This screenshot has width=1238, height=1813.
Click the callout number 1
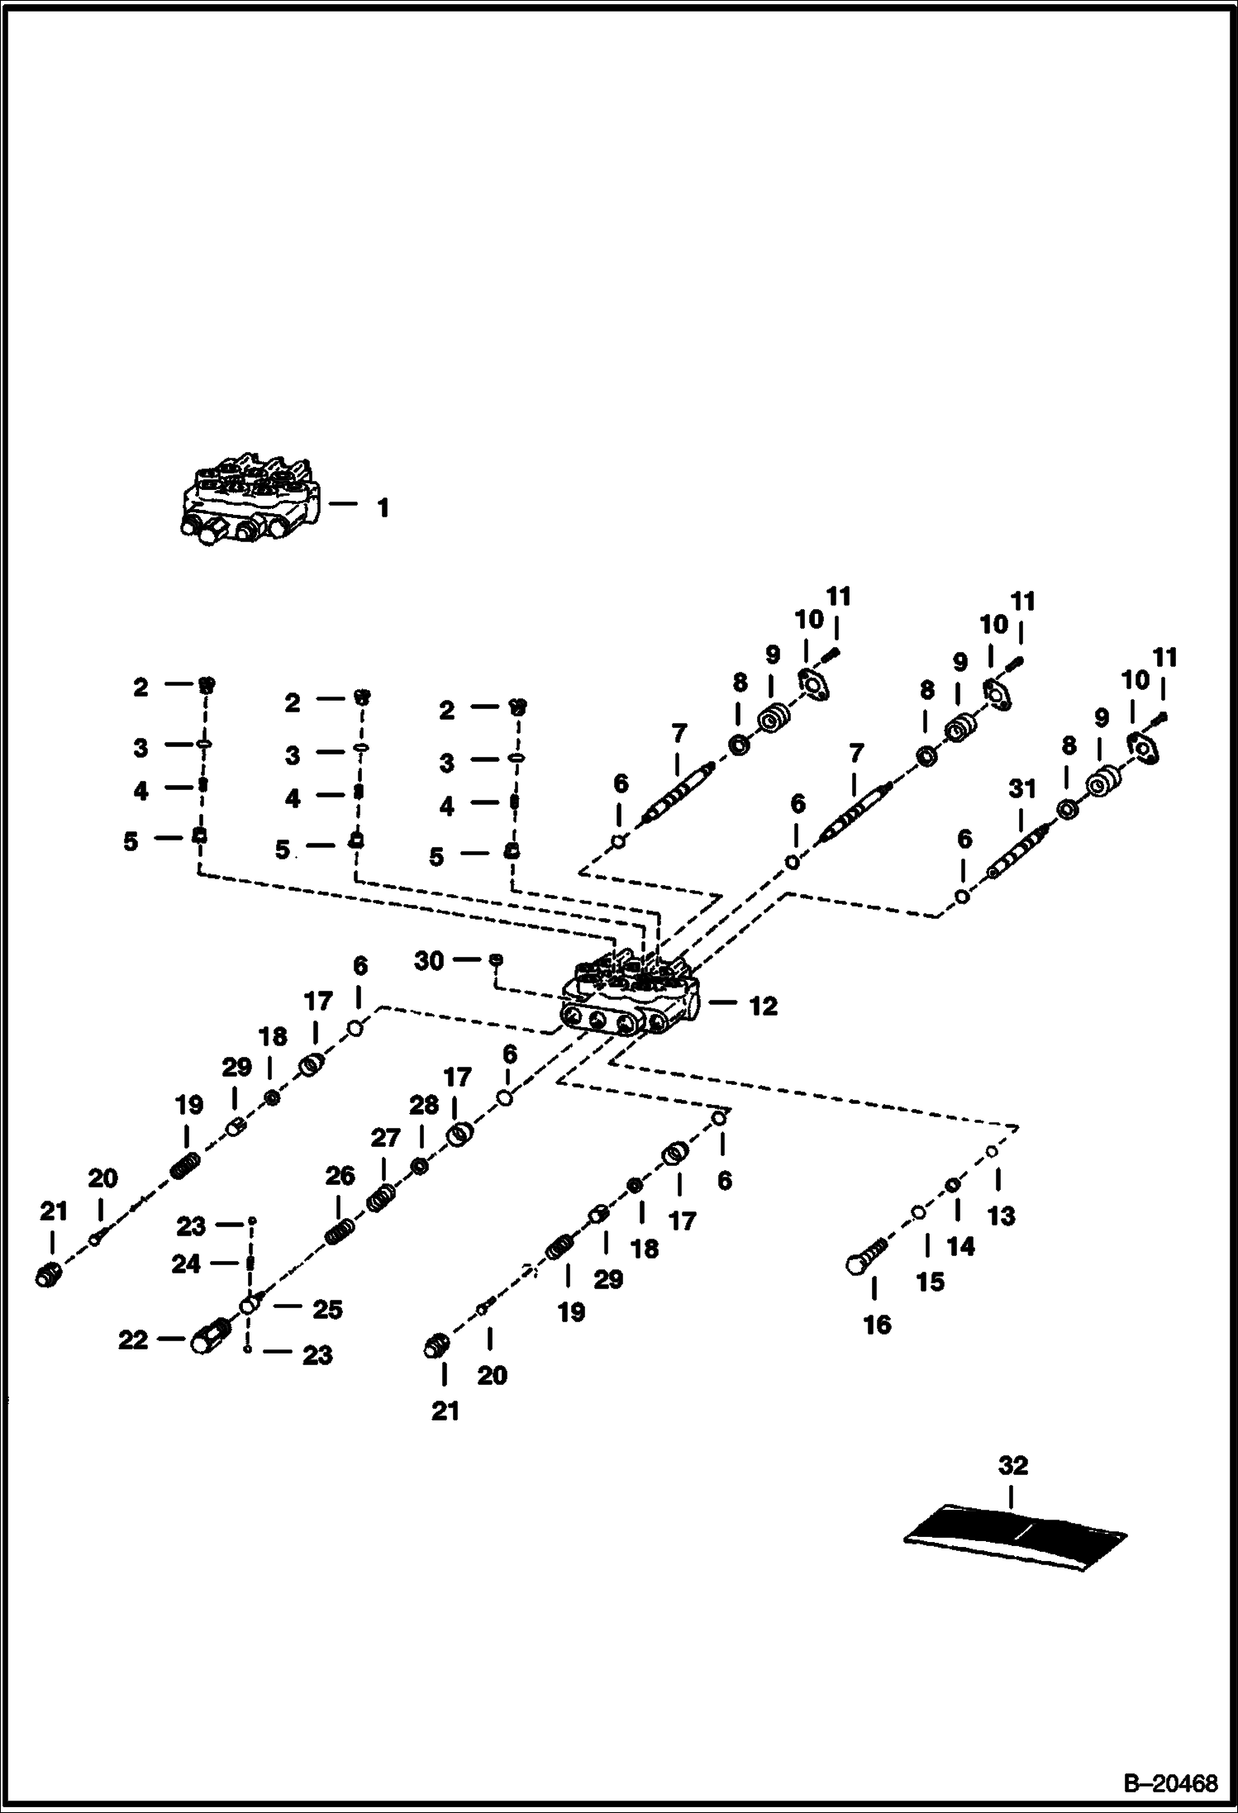(x=383, y=507)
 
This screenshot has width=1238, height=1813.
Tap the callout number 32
(x=1012, y=1465)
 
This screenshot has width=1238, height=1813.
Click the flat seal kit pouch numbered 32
(x=1016, y=1535)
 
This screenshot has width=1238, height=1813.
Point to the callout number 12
(x=763, y=1006)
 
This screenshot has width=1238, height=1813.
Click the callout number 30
(x=429, y=960)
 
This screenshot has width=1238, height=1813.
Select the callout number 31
(x=1022, y=789)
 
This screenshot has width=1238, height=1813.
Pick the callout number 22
(x=132, y=1340)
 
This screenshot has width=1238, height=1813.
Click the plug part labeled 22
(x=212, y=1335)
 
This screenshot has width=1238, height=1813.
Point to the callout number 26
(x=340, y=1175)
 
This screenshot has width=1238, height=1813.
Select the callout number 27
(x=385, y=1138)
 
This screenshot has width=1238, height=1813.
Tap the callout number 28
(x=424, y=1106)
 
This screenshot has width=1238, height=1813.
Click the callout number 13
(x=1002, y=1216)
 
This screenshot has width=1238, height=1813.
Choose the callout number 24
(x=185, y=1263)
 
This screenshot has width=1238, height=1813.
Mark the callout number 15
(x=930, y=1282)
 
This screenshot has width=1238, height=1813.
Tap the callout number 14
(x=960, y=1246)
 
